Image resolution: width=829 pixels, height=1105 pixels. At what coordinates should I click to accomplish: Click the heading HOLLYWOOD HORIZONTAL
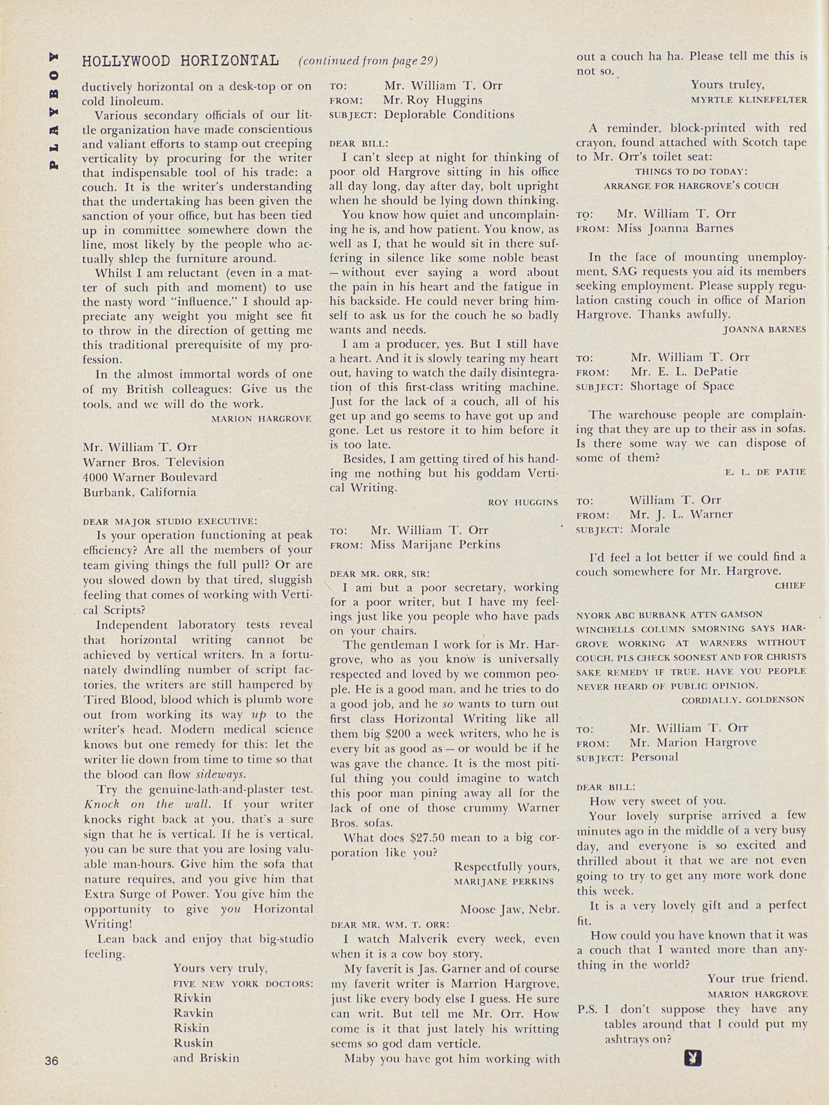pos(180,61)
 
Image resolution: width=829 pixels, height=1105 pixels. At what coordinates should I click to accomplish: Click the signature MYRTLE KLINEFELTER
pos(749,100)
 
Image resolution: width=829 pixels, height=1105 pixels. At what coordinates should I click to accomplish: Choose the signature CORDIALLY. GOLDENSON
pos(743,700)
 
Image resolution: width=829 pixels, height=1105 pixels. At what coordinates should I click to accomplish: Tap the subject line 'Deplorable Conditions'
pos(449,114)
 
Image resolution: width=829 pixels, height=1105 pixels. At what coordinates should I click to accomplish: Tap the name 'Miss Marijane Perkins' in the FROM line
pos(435,544)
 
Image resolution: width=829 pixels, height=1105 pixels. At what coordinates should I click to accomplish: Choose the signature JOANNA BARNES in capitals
pos(764,330)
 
